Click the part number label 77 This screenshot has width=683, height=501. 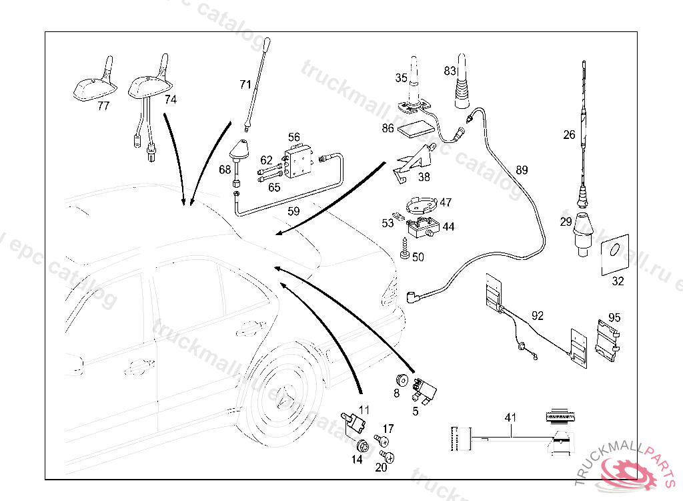[x=103, y=106]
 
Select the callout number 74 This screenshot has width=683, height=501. [x=171, y=100]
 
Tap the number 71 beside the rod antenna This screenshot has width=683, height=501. [x=245, y=85]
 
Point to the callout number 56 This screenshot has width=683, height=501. [x=293, y=137]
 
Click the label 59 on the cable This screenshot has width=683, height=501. [x=293, y=212]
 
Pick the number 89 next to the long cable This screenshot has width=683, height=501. [x=522, y=170]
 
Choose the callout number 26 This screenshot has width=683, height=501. [x=568, y=135]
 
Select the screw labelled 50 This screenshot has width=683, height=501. [x=405, y=252]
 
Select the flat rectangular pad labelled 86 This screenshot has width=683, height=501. [x=416, y=128]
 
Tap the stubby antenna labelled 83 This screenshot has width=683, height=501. [x=462, y=90]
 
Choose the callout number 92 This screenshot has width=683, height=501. [x=538, y=315]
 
